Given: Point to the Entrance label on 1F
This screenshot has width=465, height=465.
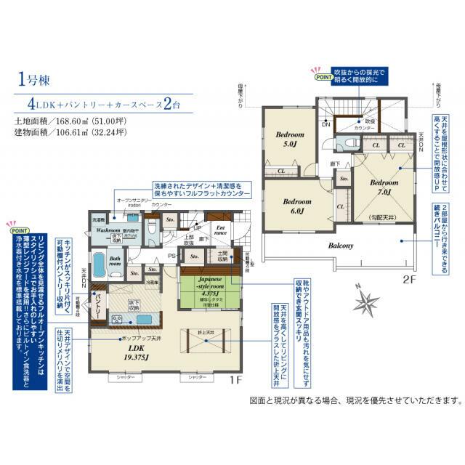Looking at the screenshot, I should [x=221, y=232].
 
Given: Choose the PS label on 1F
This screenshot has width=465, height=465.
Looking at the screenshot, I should [x=172, y=256].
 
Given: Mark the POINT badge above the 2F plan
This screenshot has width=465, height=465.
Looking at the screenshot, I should [x=320, y=75].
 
